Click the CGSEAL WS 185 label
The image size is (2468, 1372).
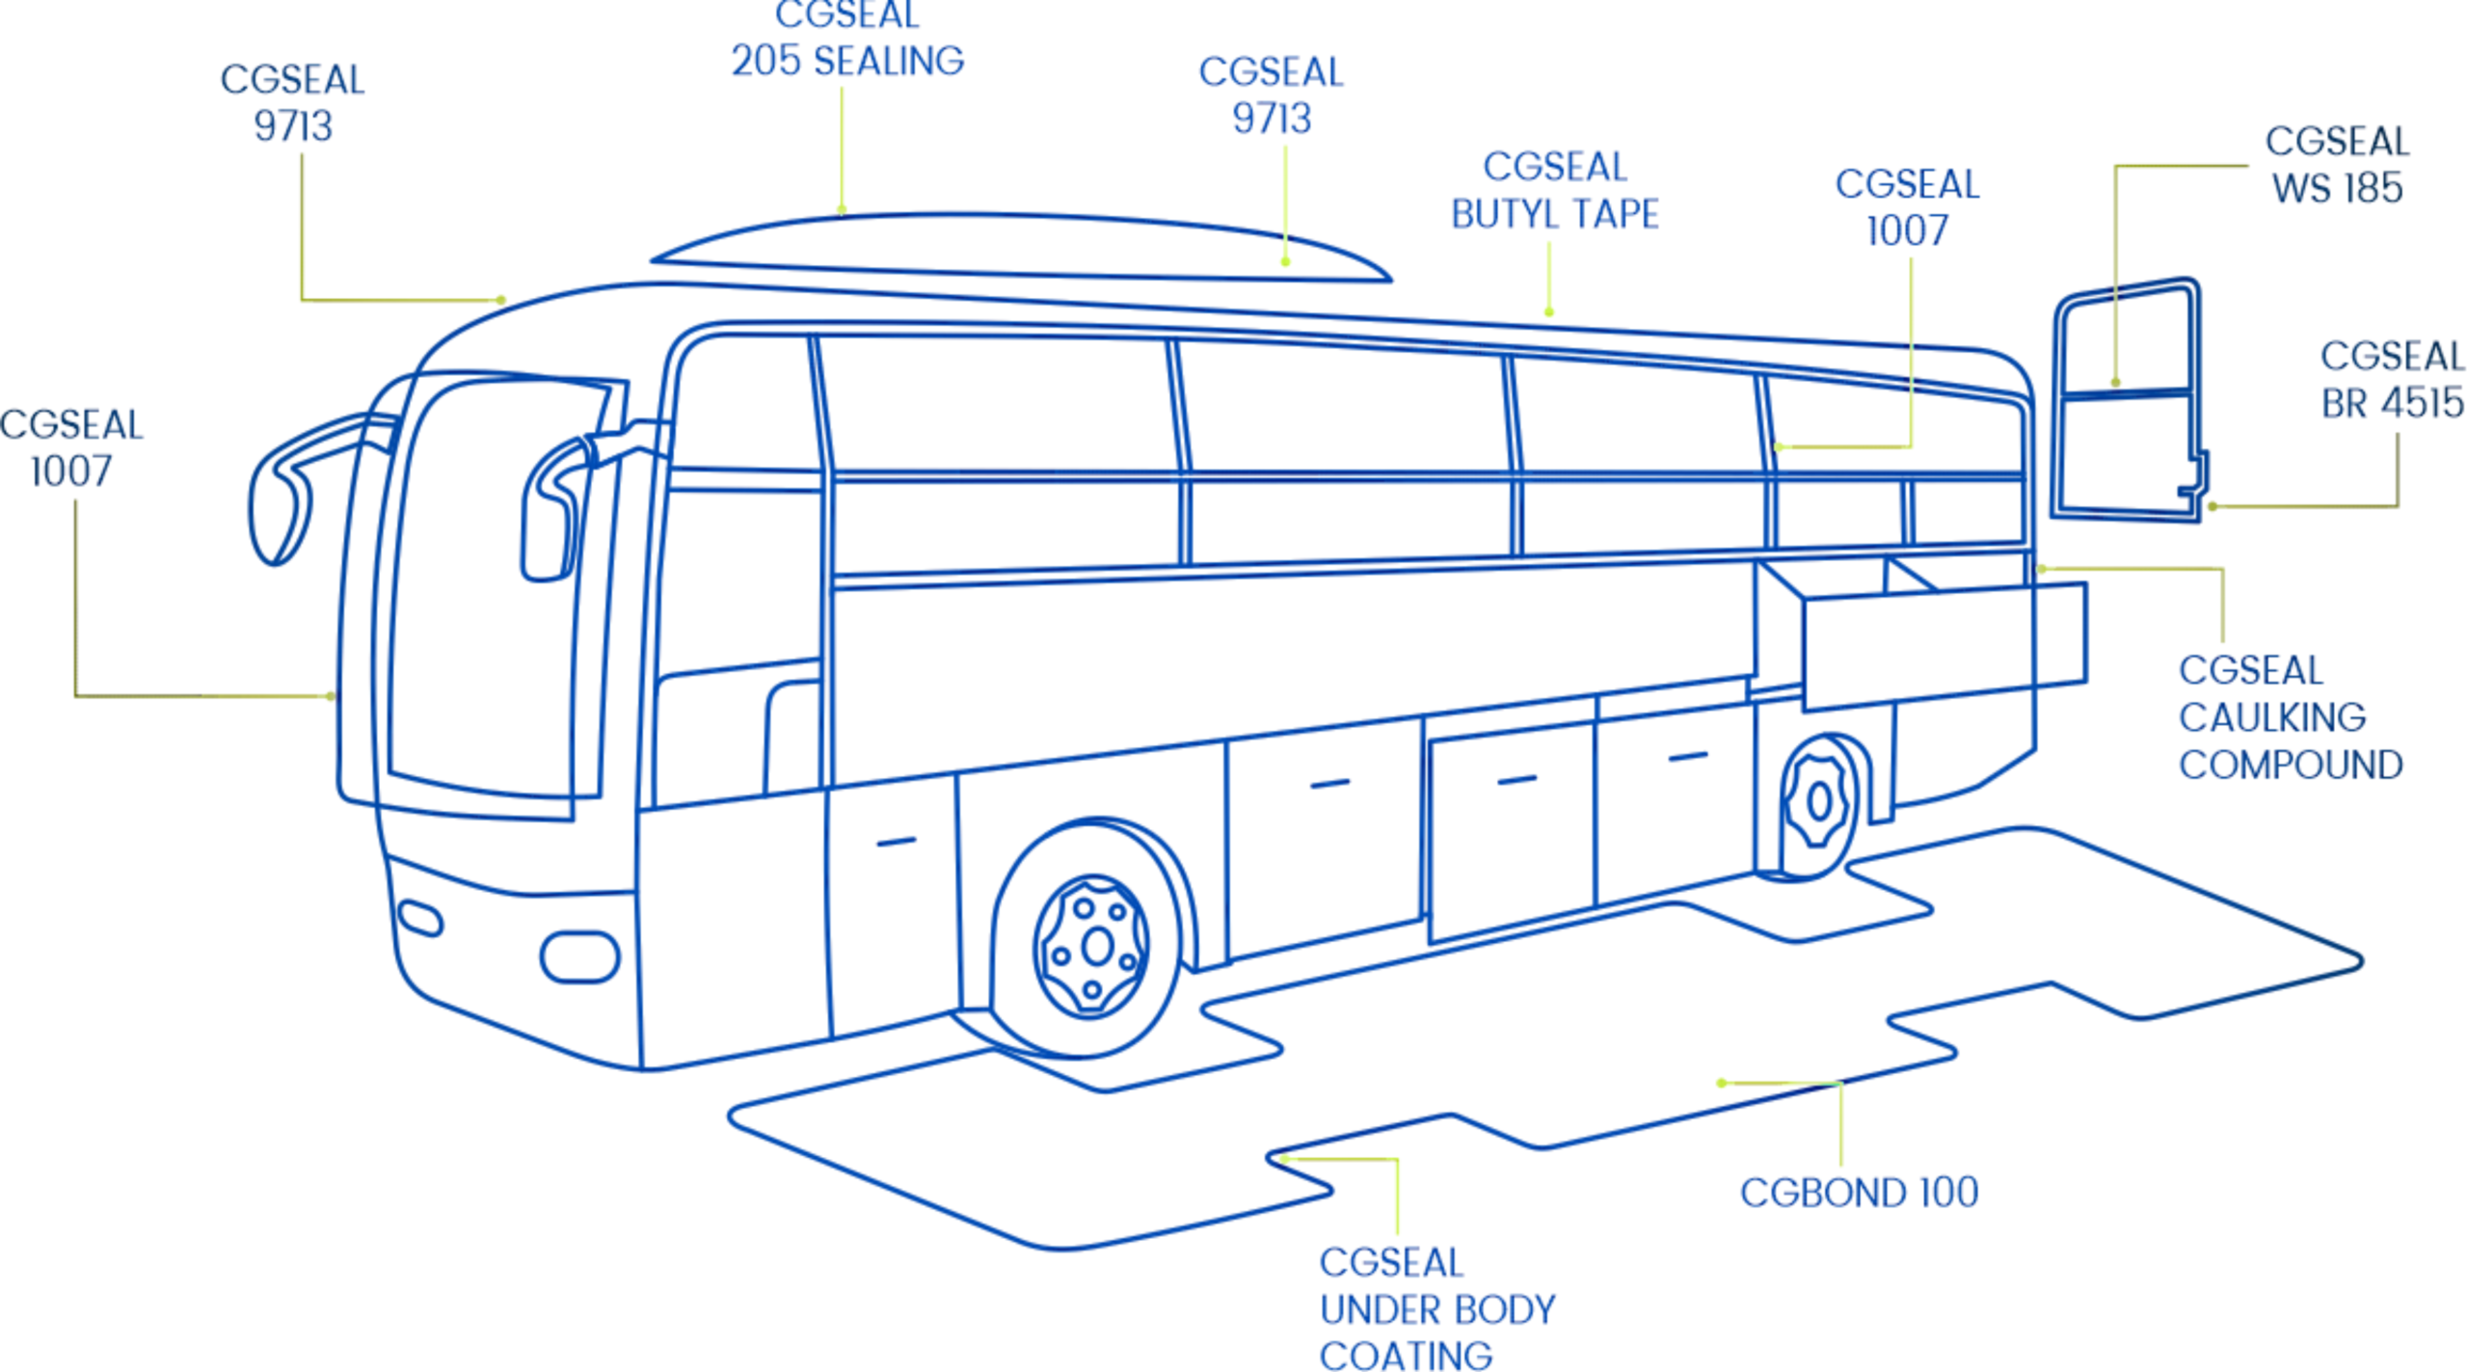tap(2336, 165)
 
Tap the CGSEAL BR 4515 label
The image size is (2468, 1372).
tap(2391, 379)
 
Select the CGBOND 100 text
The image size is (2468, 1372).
tap(1859, 1193)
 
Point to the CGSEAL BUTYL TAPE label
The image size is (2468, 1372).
tap(1554, 190)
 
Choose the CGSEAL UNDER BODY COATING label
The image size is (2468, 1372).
tap(1436, 1308)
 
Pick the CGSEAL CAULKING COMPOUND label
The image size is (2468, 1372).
tap(2290, 717)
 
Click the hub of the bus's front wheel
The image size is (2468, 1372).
tap(1096, 946)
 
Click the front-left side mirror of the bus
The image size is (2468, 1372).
tap(280, 487)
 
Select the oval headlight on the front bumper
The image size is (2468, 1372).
tap(579, 956)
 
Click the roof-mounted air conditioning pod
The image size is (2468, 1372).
tap(1022, 248)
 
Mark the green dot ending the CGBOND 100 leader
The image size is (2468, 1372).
tap(1722, 1083)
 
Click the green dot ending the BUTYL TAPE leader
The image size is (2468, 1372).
tap(1549, 311)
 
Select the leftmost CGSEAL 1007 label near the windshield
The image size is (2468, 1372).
tap(70, 448)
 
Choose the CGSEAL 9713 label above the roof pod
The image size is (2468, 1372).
tap(1271, 94)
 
